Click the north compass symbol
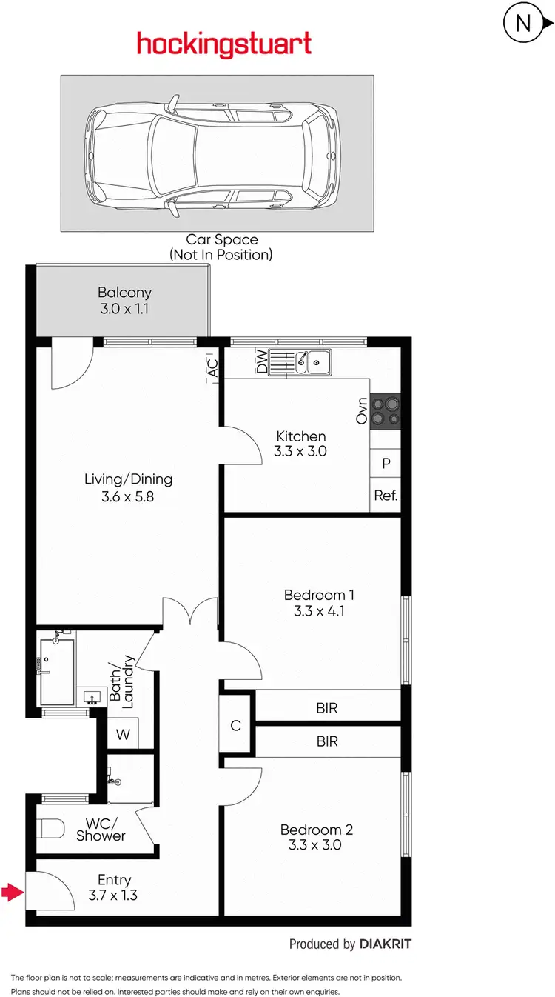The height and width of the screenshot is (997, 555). pyautogui.click(x=523, y=24)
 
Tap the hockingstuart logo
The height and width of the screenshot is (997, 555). pyautogui.click(x=223, y=44)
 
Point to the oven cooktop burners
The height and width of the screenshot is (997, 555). pyautogui.click(x=385, y=410)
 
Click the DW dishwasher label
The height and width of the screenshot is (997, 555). pyautogui.click(x=261, y=362)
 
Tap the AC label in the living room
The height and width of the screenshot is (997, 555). pyautogui.click(x=213, y=367)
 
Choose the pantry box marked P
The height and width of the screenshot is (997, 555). pyautogui.click(x=386, y=464)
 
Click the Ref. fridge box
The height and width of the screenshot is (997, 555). pyautogui.click(x=386, y=496)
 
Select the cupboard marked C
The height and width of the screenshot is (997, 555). pyautogui.click(x=236, y=725)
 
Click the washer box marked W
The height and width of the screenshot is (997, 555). pyautogui.click(x=122, y=736)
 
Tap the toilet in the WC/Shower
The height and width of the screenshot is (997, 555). pyautogui.click(x=50, y=827)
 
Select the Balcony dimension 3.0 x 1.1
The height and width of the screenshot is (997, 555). pyautogui.click(x=124, y=309)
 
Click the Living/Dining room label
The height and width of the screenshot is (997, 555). pyautogui.click(x=128, y=479)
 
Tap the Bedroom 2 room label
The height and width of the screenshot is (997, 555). pyautogui.click(x=316, y=830)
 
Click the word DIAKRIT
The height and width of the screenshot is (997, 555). pyautogui.click(x=385, y=944)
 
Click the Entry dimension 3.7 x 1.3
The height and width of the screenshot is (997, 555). pyautogui.click(x=114, y=895)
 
